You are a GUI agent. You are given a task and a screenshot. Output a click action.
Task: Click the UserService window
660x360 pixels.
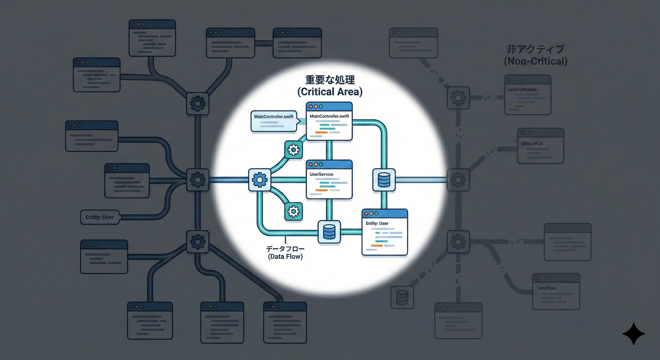point(329,180)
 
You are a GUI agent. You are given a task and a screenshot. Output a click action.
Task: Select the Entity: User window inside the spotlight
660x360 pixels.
point(385,232)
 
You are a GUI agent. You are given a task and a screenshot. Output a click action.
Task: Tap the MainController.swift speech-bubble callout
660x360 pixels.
point(275,121)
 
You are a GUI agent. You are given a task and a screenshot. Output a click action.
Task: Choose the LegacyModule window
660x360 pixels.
point(528,95)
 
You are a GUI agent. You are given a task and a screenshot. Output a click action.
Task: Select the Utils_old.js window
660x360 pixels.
point(540,146)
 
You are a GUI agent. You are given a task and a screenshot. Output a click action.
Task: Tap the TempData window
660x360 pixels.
point(556,292)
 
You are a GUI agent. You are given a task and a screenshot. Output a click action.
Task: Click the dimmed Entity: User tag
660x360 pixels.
point(100,217)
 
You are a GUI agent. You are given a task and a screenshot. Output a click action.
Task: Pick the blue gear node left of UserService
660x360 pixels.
point(260,180)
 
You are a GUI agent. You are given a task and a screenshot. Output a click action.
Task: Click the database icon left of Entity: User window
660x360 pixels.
point(329,232)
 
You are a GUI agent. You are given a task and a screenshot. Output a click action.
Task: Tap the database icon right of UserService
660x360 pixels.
point(384,180)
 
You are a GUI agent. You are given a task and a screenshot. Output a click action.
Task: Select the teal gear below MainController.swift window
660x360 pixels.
point(293,150)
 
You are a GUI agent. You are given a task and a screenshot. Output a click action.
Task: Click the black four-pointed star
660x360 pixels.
point(634,334)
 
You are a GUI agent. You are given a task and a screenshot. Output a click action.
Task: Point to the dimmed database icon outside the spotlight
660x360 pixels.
point(402,297)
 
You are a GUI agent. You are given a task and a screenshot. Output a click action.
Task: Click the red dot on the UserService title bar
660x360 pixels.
point(311,165)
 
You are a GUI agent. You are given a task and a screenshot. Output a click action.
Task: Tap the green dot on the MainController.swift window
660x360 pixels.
point(321,107)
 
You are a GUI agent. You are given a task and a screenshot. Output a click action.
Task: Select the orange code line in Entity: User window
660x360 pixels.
point(376,246)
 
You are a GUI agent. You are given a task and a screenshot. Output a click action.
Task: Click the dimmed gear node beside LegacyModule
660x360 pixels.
point(458,98)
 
